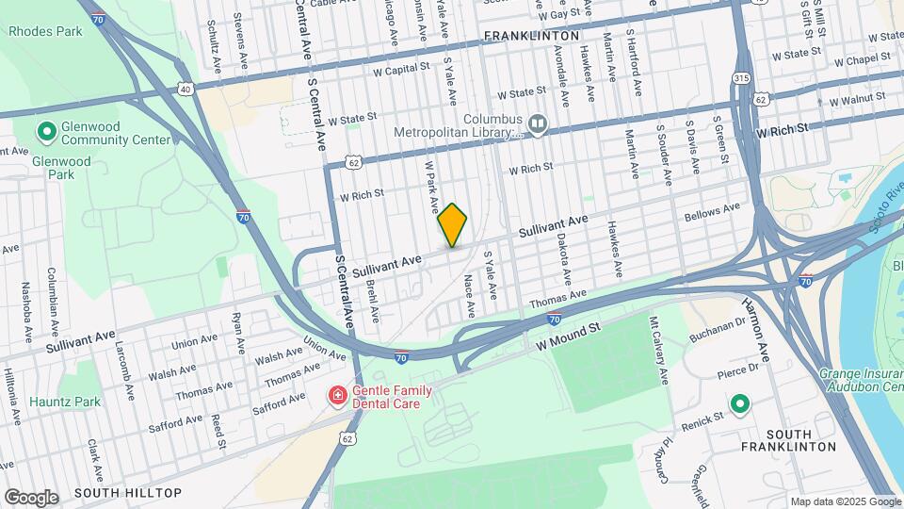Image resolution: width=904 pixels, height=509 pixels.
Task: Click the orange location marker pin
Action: coord(452,224)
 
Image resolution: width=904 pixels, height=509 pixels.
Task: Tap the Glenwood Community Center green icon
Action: coord(44,130)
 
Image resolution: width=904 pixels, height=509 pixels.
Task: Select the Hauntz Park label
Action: coord(64,402)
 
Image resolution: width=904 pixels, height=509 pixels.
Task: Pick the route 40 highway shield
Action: coord(185,90)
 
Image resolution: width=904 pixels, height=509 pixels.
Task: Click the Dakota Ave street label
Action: coord(564,260)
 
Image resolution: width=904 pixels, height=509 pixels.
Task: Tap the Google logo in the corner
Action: coord(31,497)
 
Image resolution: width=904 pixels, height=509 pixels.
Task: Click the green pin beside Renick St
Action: coord(740,406)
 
